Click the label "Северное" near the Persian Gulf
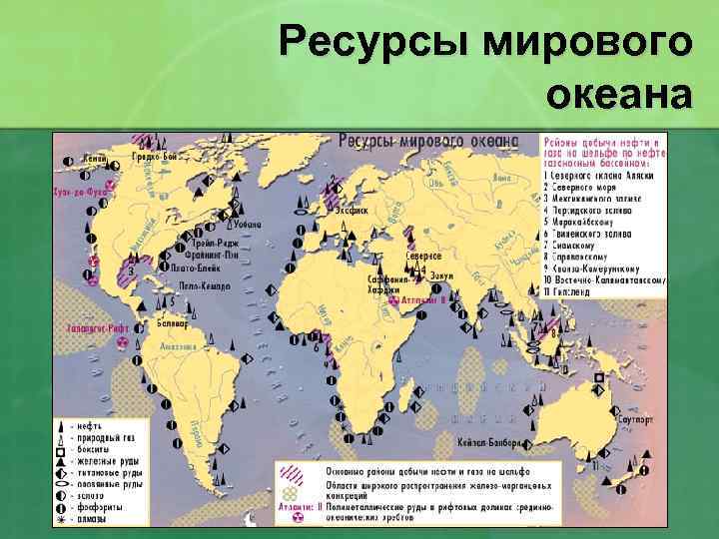click(x=423, y=256)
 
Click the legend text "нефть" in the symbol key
click(x=98, y=426)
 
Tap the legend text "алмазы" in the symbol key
click(x=101, y=519)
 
